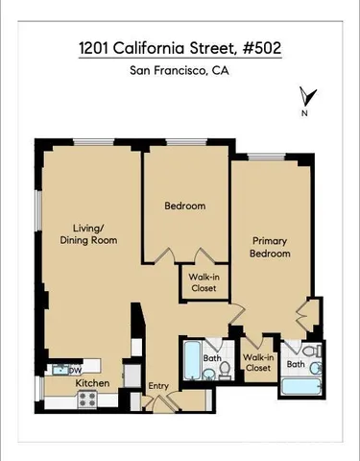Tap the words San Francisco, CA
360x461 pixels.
179,70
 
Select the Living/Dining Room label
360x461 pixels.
89,234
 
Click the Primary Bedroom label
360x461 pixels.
271,247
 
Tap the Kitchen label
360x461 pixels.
92,384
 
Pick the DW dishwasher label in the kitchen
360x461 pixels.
74,370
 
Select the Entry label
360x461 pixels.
158,386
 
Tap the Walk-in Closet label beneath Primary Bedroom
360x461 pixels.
258,362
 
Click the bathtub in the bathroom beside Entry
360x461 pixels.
190,362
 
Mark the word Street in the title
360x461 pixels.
220,46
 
